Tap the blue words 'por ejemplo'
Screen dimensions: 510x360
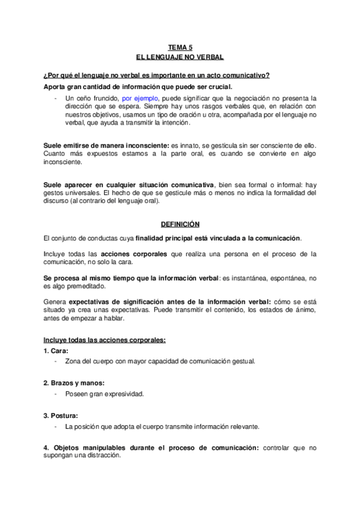(139, 97)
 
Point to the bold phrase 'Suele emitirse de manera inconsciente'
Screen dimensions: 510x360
(106, 146)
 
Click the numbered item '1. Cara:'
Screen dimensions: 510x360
(56, 350)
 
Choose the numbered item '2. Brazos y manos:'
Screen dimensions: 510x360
(75, 382)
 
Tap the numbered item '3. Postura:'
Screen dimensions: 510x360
(61, 415)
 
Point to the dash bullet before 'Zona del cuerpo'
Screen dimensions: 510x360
(55, 361)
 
